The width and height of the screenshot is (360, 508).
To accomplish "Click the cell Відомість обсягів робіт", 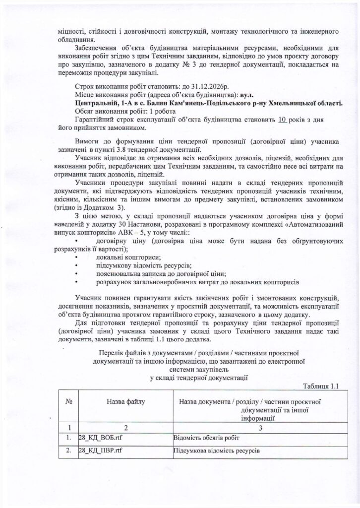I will [x=205, y=438].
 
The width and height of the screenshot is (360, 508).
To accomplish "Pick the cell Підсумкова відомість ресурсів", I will [x=217, y=451].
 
